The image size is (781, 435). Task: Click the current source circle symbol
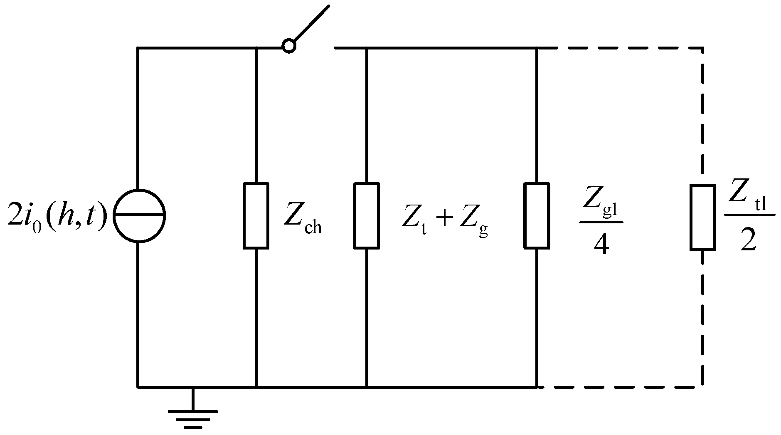[x=140, y=215]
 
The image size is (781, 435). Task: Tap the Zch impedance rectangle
[x=256, y=215]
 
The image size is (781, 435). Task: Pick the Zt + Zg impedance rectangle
[x=366, y=215]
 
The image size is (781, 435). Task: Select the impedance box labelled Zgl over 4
[x=537, y=215]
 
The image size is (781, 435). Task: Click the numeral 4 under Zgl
[x=601, y=245]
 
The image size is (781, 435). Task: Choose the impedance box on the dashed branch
[x=702, y=217]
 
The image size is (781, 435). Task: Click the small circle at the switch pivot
[x=288, y=45]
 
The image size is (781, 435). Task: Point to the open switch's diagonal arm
[x=312, y=23]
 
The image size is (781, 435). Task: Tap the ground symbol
[x=192, y=415]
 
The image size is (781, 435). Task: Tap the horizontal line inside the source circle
[x=140, y=215]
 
